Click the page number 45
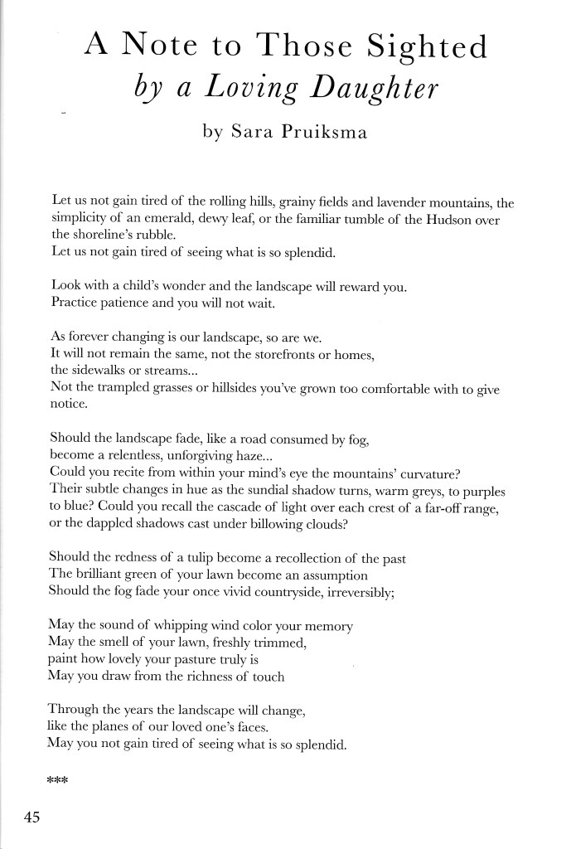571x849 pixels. coord(32,817)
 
